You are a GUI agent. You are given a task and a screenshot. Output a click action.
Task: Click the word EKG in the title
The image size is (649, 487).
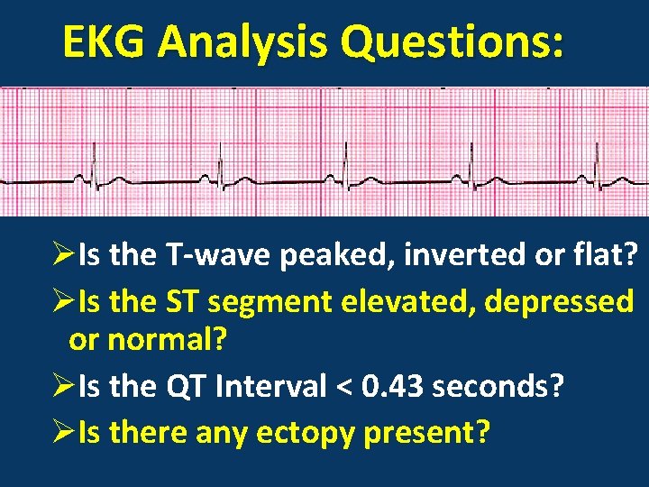[108, 42]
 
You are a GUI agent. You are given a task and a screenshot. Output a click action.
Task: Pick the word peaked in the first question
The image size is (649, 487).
[334, 257]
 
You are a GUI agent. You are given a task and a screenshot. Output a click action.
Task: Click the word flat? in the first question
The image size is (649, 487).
[606, 257]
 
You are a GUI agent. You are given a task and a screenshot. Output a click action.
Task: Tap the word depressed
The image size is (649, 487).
[559, 301]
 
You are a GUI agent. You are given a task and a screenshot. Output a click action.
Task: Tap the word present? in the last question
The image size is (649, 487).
[427, 432]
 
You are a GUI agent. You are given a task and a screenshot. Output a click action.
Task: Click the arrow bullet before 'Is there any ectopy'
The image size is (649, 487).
[63, 432]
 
